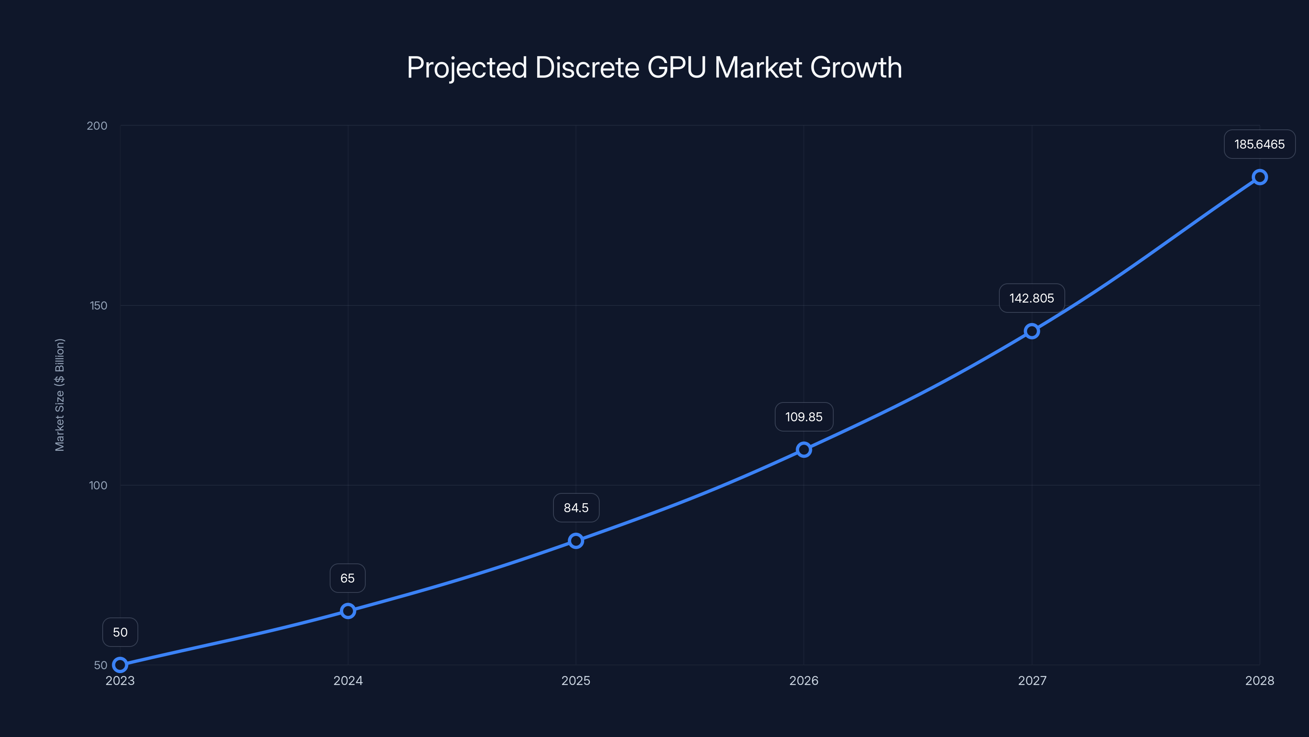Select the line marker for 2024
(348, 610)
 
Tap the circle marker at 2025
(576, 540)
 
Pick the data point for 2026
(803, 449)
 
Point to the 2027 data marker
(1032, 331)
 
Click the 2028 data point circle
(1259, 177)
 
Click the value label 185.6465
(1259, 145)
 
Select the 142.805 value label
(1032, 298)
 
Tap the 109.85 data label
(803, 417)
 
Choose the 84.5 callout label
(576, 508)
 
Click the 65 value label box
(348, 578)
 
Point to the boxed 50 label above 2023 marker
(120, 632)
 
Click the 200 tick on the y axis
(97, 126)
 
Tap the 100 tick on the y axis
(98, 485)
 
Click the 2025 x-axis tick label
(576, 680)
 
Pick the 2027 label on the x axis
(1032, 680)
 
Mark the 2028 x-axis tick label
(1259, 680)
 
